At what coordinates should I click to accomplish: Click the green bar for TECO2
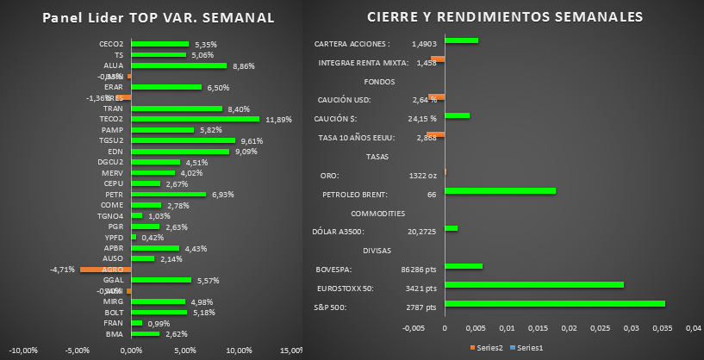(195, 119)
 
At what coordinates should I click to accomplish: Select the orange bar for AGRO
(104, 270)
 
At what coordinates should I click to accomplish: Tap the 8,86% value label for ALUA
(244, 65)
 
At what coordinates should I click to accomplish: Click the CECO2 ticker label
(112, 44)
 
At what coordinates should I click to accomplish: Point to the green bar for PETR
(168, 195)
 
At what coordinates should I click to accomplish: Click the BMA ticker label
(115, 334)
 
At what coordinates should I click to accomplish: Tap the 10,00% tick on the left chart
(239, 351)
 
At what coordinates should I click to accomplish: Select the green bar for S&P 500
(555, 303)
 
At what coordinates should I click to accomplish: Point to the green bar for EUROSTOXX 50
(534, 284)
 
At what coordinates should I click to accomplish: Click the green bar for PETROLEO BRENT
(501, 191)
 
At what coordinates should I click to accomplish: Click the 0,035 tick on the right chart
(663, 328)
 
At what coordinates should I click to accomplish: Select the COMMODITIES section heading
(379, 213)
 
